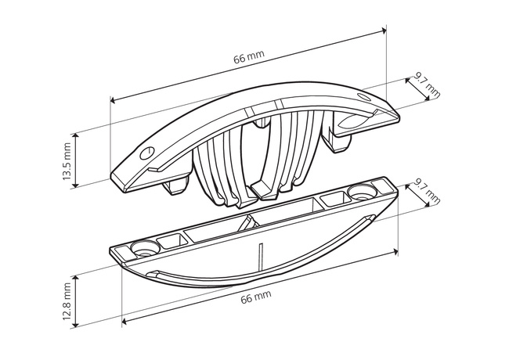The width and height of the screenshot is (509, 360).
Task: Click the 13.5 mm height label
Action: [67, 161]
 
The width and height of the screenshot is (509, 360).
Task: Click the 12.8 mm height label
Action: [67, 301]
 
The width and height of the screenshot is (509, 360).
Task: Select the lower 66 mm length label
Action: [256, 297]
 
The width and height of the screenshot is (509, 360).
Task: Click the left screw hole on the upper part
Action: [147, 153]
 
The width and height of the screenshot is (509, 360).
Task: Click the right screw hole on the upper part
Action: [363, 96]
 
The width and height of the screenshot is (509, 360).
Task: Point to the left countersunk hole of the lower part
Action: [145, 248]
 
